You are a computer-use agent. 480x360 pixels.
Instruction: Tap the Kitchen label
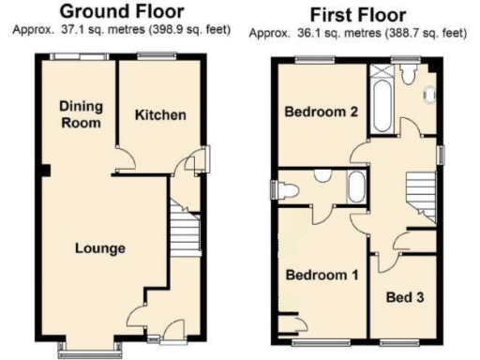tap(160, 115)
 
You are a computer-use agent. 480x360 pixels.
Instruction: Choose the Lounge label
tap(100, 248)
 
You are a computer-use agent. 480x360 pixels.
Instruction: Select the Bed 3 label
tap(405, 297)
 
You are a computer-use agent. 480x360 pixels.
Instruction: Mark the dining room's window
tap(79, 56)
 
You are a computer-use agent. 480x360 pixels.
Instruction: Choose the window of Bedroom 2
tap(312, 61)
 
